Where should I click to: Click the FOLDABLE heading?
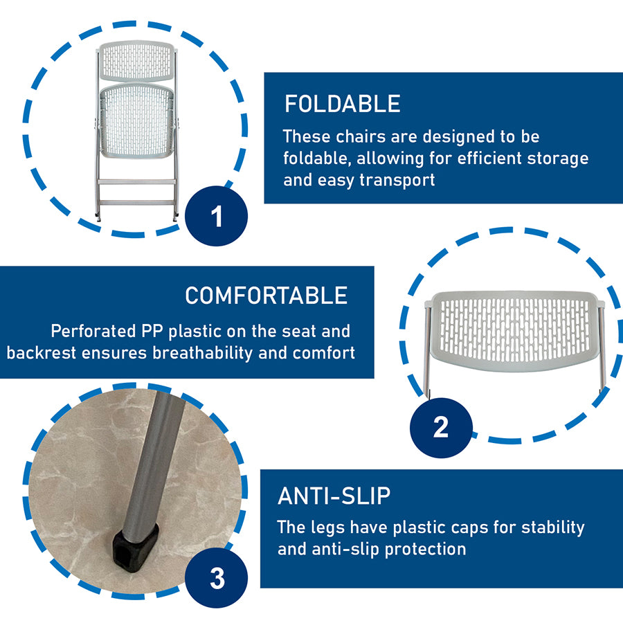(343, 104)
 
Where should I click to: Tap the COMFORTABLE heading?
(267, 296)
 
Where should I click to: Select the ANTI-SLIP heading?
(334, 496)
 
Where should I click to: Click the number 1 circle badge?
(217, 216)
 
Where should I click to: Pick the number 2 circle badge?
(441, 428)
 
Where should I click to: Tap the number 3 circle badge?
(217, 578)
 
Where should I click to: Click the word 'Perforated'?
(93, 331)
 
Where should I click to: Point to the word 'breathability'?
(203, 353)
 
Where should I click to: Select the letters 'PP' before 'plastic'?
(152, 331)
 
